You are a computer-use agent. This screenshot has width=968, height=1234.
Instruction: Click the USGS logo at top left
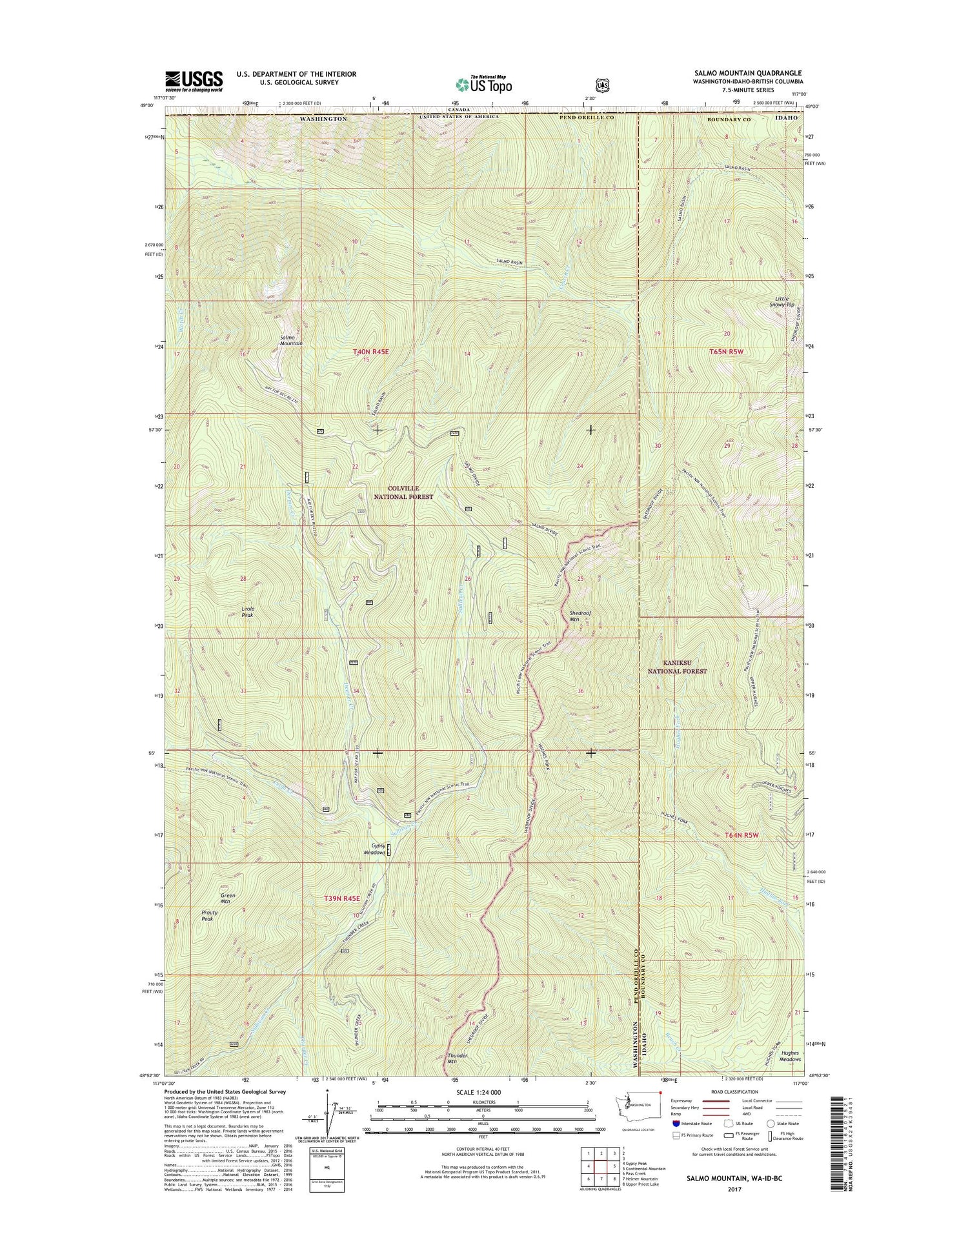pyautogui.click(x=194, y=81)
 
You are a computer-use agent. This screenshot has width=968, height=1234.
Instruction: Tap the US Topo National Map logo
pyautogui.click(x=484, y=83)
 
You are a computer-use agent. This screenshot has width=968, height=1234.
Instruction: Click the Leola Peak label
pyautogui.click(x=248, y=612)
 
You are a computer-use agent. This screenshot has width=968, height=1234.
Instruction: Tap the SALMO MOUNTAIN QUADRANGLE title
pyautogui.click(x=748, y=74)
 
